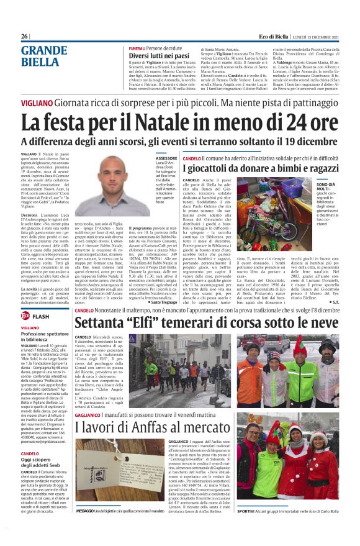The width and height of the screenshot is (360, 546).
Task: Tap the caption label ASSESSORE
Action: (x=166, y=159)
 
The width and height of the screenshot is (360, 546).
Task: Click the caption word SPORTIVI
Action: (x=245, y=528)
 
